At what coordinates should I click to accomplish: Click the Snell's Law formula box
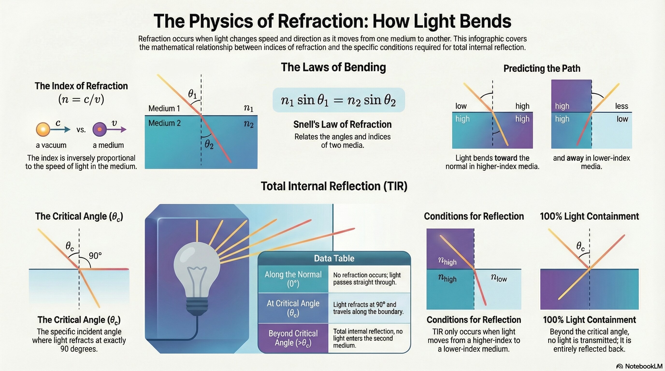coord(339,100)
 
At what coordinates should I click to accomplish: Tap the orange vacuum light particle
coord(43,129)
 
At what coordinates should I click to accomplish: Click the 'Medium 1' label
coord(164,108)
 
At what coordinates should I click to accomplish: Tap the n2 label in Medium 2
coord(249,124)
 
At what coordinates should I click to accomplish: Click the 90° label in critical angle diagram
coord(95,256)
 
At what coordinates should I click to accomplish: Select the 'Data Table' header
coord(334,258)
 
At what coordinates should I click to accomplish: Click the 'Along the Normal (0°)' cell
coord(293,279)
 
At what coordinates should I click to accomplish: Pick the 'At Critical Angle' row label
coord(293,308)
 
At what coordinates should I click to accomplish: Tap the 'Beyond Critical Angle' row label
coord(293,338)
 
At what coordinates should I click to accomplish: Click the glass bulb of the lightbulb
coord(197,268)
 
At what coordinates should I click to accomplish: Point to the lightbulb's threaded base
coord(197,306)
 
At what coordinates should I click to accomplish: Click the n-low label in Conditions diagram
coord(499,278)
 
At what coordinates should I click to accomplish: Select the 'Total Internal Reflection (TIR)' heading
coord(334,186)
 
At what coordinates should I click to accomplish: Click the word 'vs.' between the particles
coord(81,130)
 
